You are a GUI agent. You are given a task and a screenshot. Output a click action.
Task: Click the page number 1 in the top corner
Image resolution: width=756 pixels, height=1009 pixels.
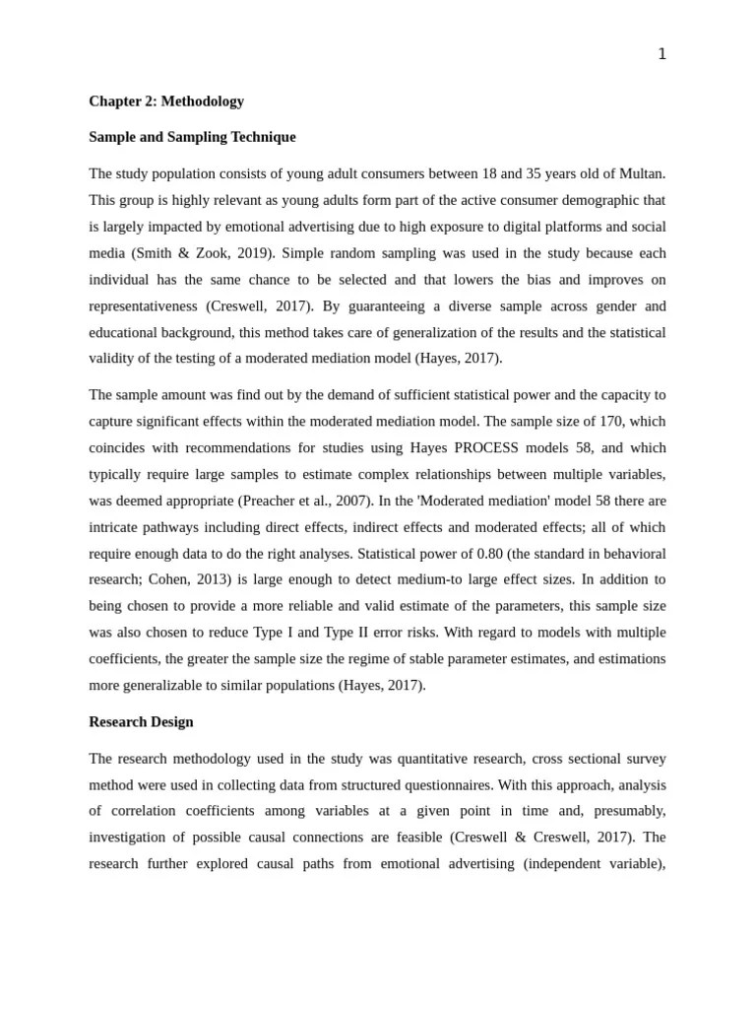[661, 54]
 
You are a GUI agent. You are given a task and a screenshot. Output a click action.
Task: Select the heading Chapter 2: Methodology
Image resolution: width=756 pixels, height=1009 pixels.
[166, 101]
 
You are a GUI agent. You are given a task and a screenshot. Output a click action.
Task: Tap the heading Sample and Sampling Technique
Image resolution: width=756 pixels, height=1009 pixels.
[192, 137]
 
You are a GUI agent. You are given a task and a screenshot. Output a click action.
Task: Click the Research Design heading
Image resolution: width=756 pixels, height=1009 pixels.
[141, 722]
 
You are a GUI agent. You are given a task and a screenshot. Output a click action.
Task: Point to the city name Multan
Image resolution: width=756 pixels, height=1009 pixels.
[643, 173]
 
